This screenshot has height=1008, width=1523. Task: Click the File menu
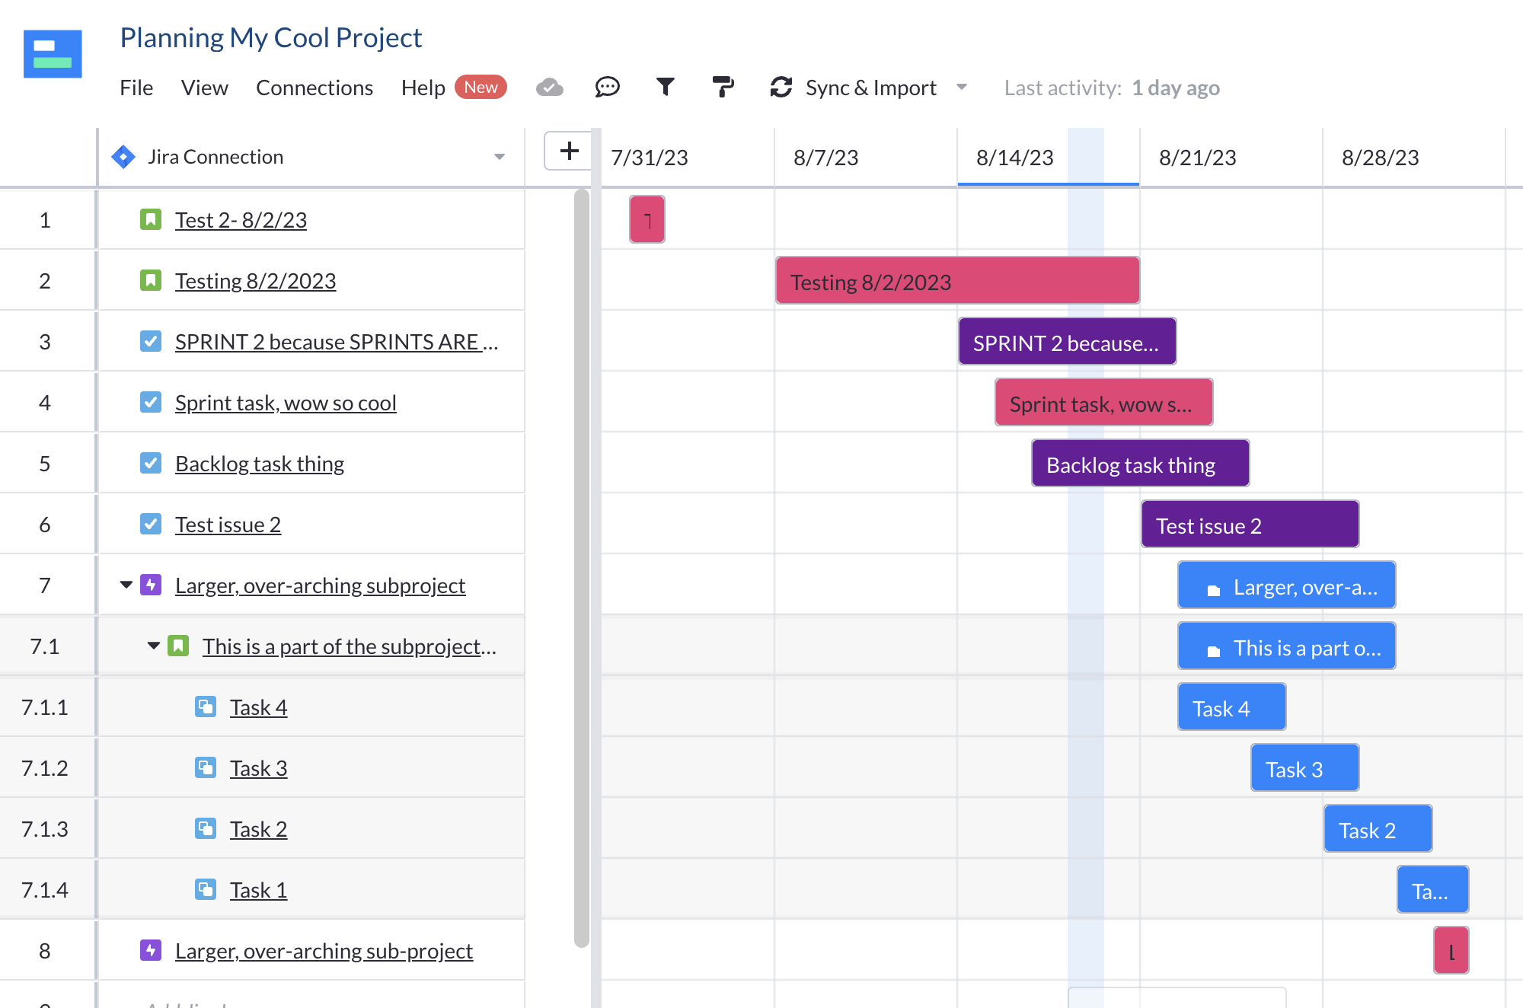click(136, 88)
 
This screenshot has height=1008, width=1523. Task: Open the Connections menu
click(314, 88)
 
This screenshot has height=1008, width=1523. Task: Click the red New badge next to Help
click(481, 87)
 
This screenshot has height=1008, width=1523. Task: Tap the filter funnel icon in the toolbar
click(665, 87)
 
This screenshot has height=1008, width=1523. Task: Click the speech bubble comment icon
click(607, 87)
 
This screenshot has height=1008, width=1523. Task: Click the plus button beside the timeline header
click(569, 151)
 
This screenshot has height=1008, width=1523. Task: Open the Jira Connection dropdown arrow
click(500, 157)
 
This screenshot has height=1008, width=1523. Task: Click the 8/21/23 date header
click(1197, 158)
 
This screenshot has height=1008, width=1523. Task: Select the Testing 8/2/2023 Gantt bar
click(957, 281)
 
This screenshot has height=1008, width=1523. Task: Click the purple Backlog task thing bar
click(1140, 464)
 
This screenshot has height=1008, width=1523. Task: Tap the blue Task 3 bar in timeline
click(1304, 768)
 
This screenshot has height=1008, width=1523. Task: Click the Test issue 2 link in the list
click(228, 525)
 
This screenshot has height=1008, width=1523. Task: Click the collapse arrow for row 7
click(126, 585)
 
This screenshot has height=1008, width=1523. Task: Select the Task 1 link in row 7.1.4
click(258, 890)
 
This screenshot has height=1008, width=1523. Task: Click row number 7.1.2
click(45, 768)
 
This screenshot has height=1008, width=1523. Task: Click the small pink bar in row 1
click(647, 219)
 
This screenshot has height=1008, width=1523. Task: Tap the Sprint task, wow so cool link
click(286, 403)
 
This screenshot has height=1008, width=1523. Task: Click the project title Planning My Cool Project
click(271, 37)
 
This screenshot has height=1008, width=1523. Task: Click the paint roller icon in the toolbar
click(723, 87)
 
